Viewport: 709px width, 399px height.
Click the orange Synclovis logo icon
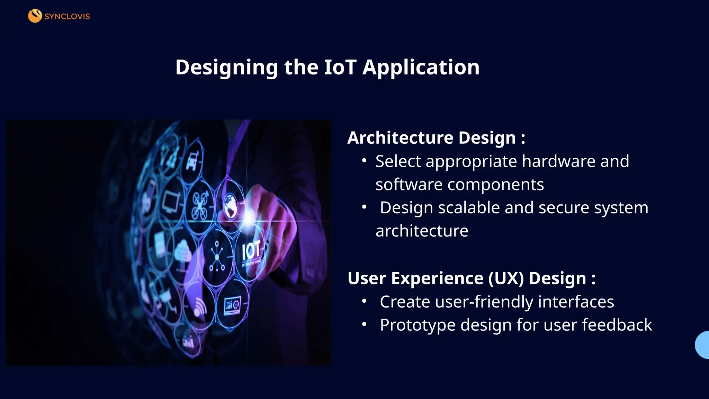click(35, 16)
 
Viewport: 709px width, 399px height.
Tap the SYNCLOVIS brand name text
click(67, 17)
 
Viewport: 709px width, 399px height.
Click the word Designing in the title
click(226, 67)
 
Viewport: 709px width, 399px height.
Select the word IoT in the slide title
click(340, 67)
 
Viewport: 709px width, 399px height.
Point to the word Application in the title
click(421, 67)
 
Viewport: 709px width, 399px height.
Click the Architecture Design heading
click(436, 138)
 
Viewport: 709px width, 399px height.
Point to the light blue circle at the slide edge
click(703, 345)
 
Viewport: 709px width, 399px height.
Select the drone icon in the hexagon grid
click(200, 205)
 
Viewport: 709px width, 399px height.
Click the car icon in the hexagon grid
click(192, 161)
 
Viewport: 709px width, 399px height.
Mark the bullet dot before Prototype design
click(364, 325)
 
